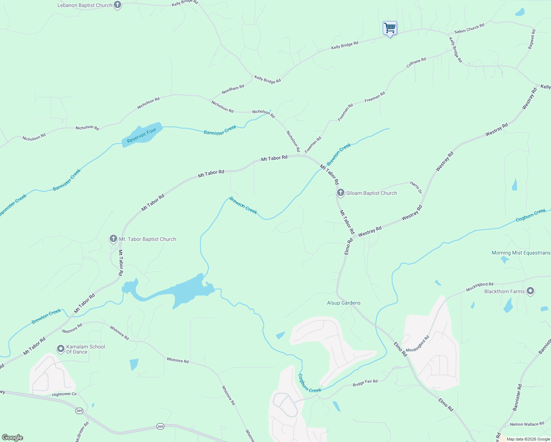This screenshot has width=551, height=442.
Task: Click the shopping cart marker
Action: point(390,28)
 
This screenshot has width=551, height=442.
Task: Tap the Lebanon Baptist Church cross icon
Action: point(117,5)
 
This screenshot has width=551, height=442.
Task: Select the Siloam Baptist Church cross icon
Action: point(341,193)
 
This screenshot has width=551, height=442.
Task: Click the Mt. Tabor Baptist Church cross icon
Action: point(113,239)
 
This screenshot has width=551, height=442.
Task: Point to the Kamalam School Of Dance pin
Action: point(61,348)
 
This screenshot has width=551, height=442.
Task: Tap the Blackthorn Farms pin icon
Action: point(530,291)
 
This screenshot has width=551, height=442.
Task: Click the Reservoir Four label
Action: point(141,135)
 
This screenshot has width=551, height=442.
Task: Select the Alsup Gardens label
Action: point(344,303)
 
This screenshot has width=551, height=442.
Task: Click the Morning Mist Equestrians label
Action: point(521,253)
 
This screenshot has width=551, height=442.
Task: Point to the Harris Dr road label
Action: point(416,187)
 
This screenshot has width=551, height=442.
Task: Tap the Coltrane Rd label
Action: point(416,62)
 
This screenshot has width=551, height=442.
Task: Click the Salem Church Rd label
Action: point(469,29)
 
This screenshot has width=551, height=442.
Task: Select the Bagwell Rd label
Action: point(531,39)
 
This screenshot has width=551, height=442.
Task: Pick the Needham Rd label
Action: point(233,90)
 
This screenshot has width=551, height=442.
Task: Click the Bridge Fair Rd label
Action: point(365,383)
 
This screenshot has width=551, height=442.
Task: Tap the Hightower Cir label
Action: point(64,394)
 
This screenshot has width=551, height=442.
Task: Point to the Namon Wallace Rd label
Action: point(527,424)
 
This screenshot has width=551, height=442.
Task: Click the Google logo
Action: point(13,438)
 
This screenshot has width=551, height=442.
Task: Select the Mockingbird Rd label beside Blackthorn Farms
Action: point(479,287)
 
